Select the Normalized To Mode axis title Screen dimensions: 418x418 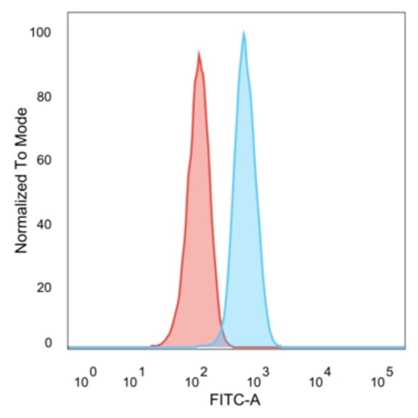pos(21,181)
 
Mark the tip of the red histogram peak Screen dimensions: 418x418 pos(199,53)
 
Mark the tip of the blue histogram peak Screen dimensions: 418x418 pos(243,32)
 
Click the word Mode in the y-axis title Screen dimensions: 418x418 pos(21,124)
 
